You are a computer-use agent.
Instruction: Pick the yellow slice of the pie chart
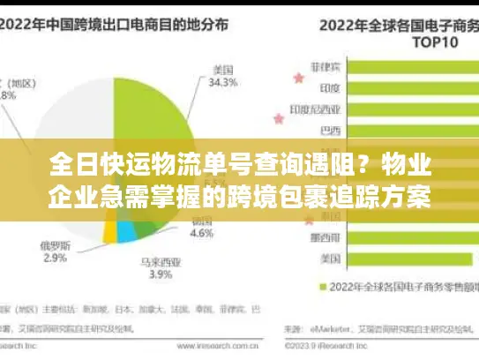coord(109,231)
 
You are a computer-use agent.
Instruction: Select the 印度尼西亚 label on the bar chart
coord(318,109)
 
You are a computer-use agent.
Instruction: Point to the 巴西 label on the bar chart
coord(331,131)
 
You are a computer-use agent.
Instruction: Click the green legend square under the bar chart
coord(311,286)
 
